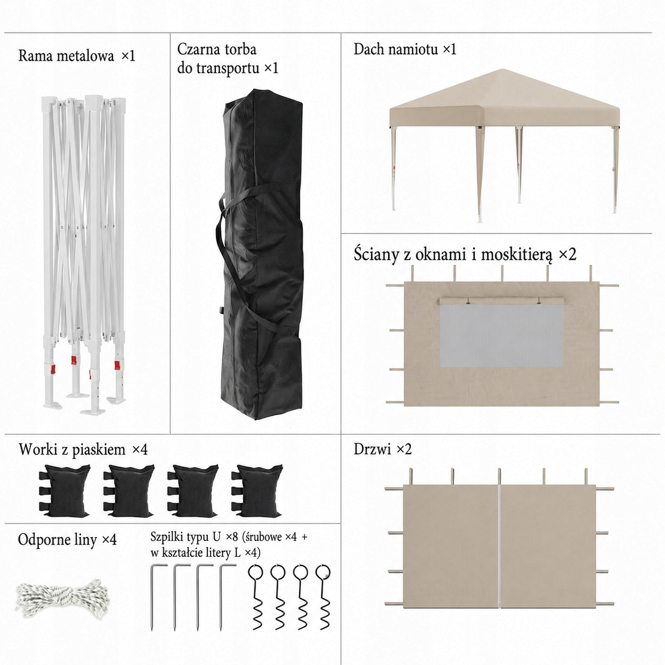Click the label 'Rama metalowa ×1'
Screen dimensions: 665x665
[x=76, y=56]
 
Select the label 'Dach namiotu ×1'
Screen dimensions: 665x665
[x=405, y=49]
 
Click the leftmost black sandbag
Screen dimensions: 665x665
[x=65, y=491]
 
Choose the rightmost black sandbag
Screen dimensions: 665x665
[x=257, y=491]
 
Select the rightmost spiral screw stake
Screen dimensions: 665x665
[x=323, y=597]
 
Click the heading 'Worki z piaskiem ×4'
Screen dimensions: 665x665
[x=83, y=450]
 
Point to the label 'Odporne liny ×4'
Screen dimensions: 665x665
[x=67, y=540]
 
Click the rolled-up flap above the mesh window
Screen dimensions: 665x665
[x=502, y=301]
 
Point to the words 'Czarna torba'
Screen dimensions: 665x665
[x=217, y=49]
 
